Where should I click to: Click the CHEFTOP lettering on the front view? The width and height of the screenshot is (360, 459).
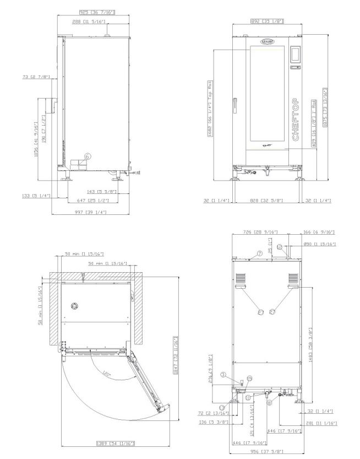tap(296, 120)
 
